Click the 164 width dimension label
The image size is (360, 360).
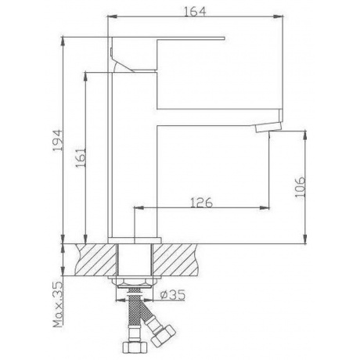coord(195,12)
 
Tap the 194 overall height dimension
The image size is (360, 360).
coord(57,140)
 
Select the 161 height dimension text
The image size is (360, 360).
coord(81,158)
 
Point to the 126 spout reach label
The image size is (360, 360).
coord(201,203)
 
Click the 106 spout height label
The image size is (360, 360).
coord(300,187)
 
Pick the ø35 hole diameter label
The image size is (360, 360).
coord(173,295)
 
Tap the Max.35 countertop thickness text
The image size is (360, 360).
coord(58,304)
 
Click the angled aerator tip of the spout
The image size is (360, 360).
coord(268,128)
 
